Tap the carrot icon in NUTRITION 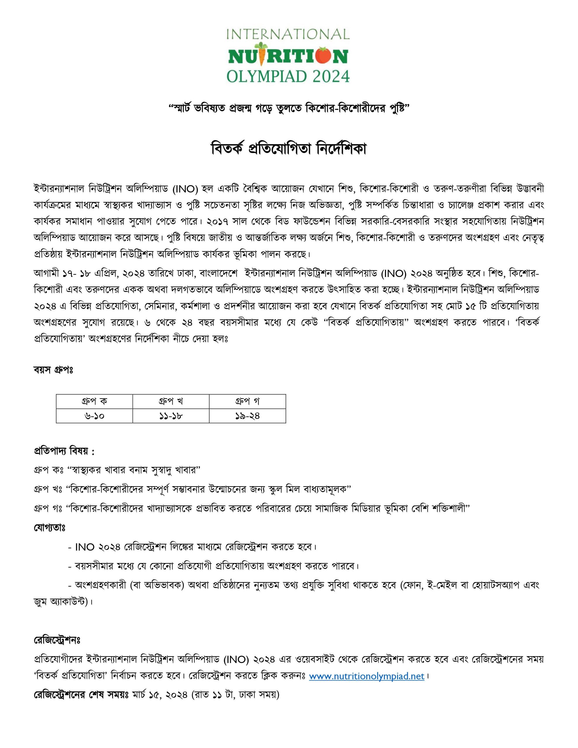point(262,55)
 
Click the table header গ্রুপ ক point(94,401)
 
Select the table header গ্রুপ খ point(171,401)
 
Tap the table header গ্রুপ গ point(248,401)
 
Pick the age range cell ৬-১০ point(94,416)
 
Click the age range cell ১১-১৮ point(171,416)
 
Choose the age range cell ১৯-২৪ point(248,416)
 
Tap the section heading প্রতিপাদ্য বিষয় point(64,452)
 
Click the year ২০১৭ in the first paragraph point(218,221)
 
